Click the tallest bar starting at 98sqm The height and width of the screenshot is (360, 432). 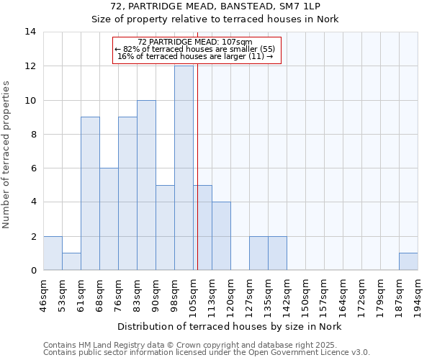coord(184,168)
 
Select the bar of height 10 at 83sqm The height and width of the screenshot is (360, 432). coord(146,185)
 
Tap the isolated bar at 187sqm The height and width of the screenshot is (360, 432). coord(408,261)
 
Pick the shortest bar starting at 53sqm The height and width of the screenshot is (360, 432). coord(71,261)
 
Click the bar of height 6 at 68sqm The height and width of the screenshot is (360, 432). coord(109,219)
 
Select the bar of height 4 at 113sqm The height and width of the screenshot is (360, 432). coord(221,236)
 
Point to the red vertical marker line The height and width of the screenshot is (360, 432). coord(197,180)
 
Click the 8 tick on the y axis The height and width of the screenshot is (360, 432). coord(32,134)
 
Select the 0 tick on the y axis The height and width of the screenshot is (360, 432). coord(32,271)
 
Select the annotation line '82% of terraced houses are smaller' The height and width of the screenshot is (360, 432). coord(195,49)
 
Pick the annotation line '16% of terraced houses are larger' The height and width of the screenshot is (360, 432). coord(195,56)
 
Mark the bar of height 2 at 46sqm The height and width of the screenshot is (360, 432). coord(53,253)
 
